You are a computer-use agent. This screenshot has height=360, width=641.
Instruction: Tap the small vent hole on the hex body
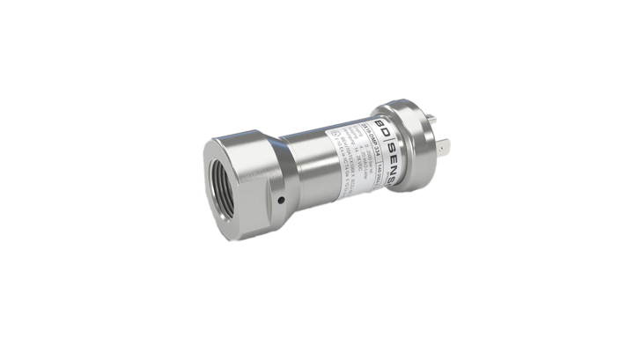coord(278,201)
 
